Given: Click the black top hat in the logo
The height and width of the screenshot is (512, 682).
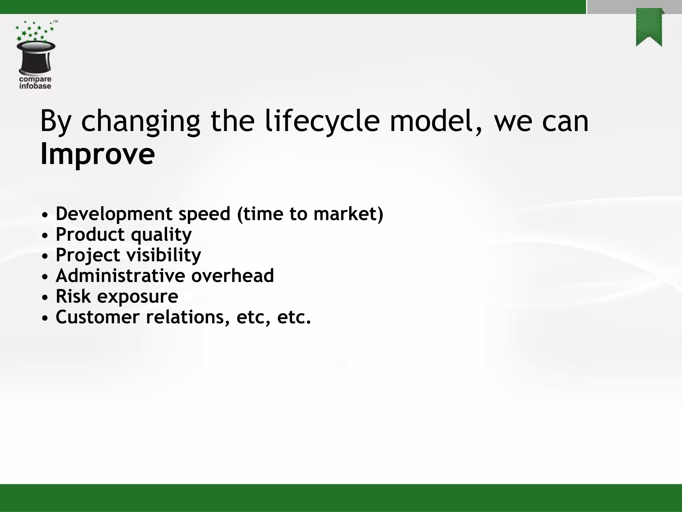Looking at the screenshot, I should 36,57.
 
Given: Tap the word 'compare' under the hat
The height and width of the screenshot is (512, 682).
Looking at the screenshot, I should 35,79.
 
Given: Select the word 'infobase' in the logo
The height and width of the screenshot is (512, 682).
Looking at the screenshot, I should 35,86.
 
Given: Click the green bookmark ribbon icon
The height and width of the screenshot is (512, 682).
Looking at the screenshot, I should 649,28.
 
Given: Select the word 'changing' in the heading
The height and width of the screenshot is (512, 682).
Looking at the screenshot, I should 141,122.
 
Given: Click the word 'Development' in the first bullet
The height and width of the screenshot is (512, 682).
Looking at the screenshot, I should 114,214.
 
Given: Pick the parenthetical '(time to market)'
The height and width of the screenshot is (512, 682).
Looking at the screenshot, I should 310,214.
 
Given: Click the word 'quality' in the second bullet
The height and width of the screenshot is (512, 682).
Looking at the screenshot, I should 161,235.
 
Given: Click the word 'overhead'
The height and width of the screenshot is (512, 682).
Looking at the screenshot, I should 232,276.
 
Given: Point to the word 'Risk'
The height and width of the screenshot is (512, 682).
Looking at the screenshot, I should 73,296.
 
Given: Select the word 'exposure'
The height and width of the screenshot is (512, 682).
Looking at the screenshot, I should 138,297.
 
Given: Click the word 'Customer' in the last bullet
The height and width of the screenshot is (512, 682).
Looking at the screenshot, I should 97,317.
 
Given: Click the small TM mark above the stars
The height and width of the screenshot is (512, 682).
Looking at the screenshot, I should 56,22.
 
